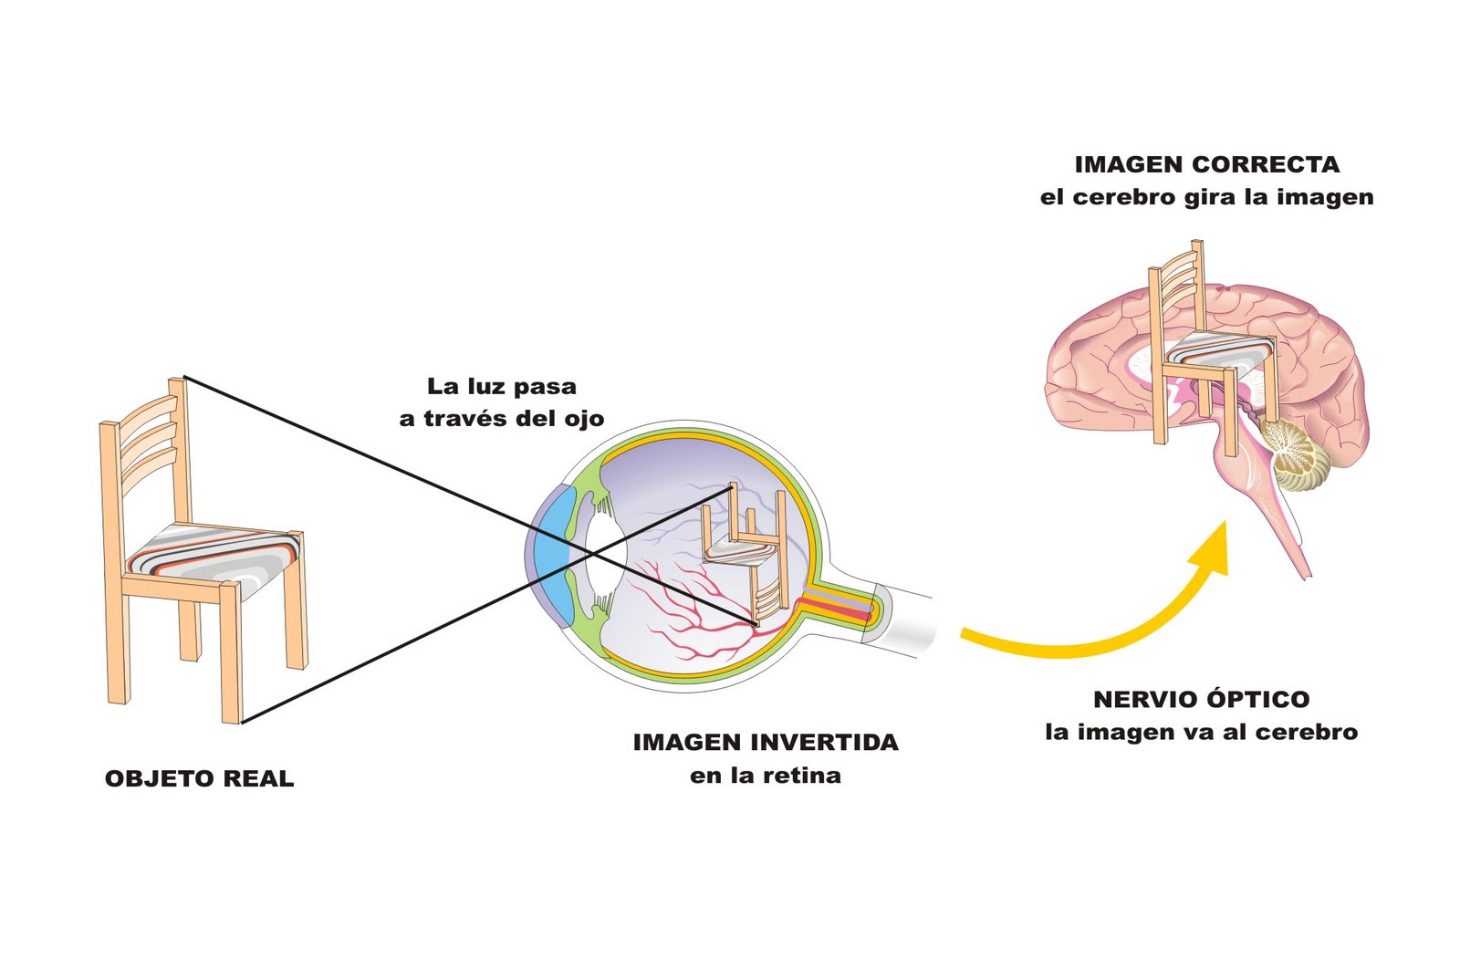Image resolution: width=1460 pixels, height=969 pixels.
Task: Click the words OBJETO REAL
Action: [199, 778]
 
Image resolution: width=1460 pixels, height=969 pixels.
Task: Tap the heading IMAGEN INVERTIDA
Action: [766, 742]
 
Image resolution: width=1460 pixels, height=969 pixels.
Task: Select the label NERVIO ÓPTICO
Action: [1201, 699]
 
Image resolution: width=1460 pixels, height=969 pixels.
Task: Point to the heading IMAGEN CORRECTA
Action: [1206, 164]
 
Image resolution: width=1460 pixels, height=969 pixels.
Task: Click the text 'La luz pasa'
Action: [502, 386]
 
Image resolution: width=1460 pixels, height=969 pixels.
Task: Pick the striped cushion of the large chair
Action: [215, 553]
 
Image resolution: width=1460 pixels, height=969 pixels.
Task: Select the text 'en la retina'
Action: [766, 776]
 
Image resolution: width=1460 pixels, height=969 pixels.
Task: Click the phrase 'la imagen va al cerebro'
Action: [1201, 732]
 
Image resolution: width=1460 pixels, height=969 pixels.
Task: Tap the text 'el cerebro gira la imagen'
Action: [1206, 197]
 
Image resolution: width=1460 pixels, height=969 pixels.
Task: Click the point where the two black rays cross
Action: [590, 553]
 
